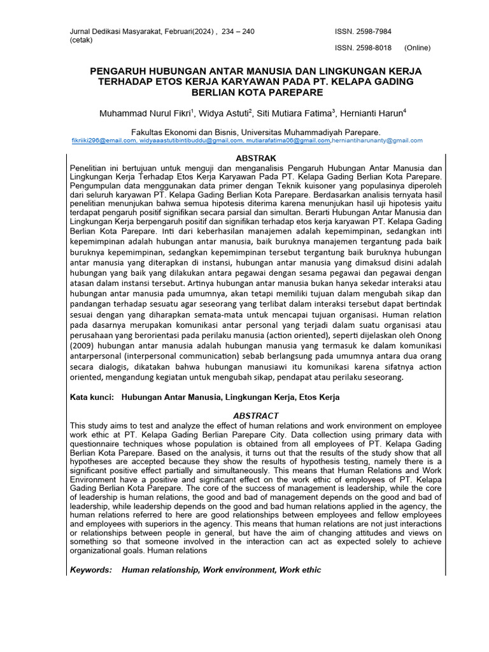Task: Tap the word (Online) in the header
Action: (417, 48)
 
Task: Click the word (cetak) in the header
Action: (81, 39)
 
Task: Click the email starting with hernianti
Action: (376, 140)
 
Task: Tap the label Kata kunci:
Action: (92, 397)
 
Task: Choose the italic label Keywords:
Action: (91, 570)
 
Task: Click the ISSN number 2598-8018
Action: (372, 48)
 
